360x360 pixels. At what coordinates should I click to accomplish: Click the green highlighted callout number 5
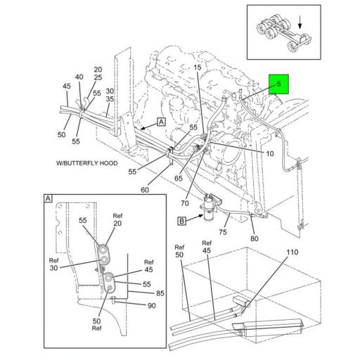tap(278, 86)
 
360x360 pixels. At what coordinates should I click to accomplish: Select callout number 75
tap(223, 232)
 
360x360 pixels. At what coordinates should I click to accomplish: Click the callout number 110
tap(292, 252)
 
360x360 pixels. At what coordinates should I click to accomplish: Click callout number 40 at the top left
tap(79, 77)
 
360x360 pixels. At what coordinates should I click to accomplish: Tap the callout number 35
tap(110, 99)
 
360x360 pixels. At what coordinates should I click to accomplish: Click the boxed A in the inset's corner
tap(49, 200)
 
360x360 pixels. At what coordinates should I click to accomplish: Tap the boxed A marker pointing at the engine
tap(161, 122)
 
